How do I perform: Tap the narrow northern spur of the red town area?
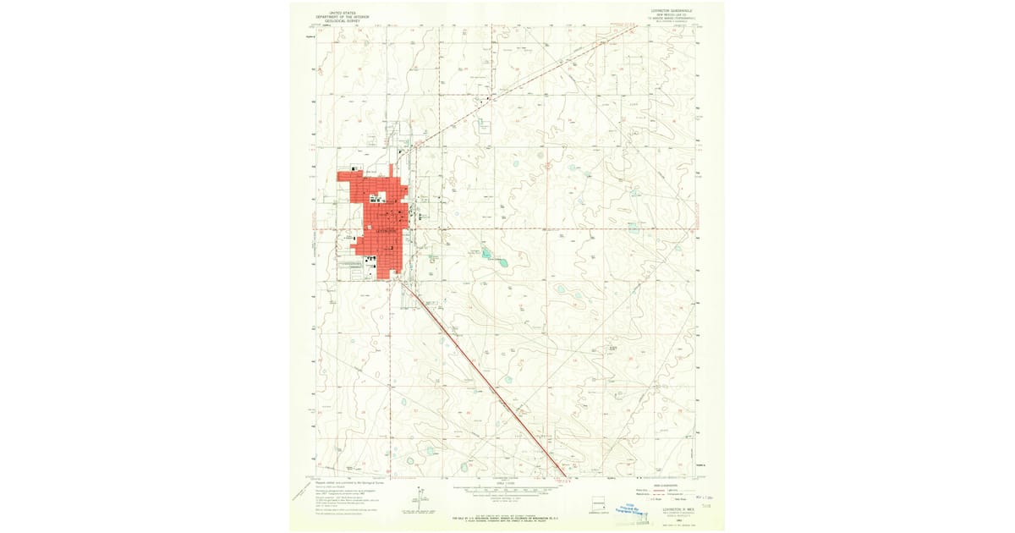pos(391,170)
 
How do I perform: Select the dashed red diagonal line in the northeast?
pos(541,77)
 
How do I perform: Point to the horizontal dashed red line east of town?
pos(550,228)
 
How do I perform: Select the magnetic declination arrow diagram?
pos(420,497)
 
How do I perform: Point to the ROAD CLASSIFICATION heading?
pos(668,485)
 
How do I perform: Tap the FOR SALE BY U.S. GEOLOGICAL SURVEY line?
pos(506,515)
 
